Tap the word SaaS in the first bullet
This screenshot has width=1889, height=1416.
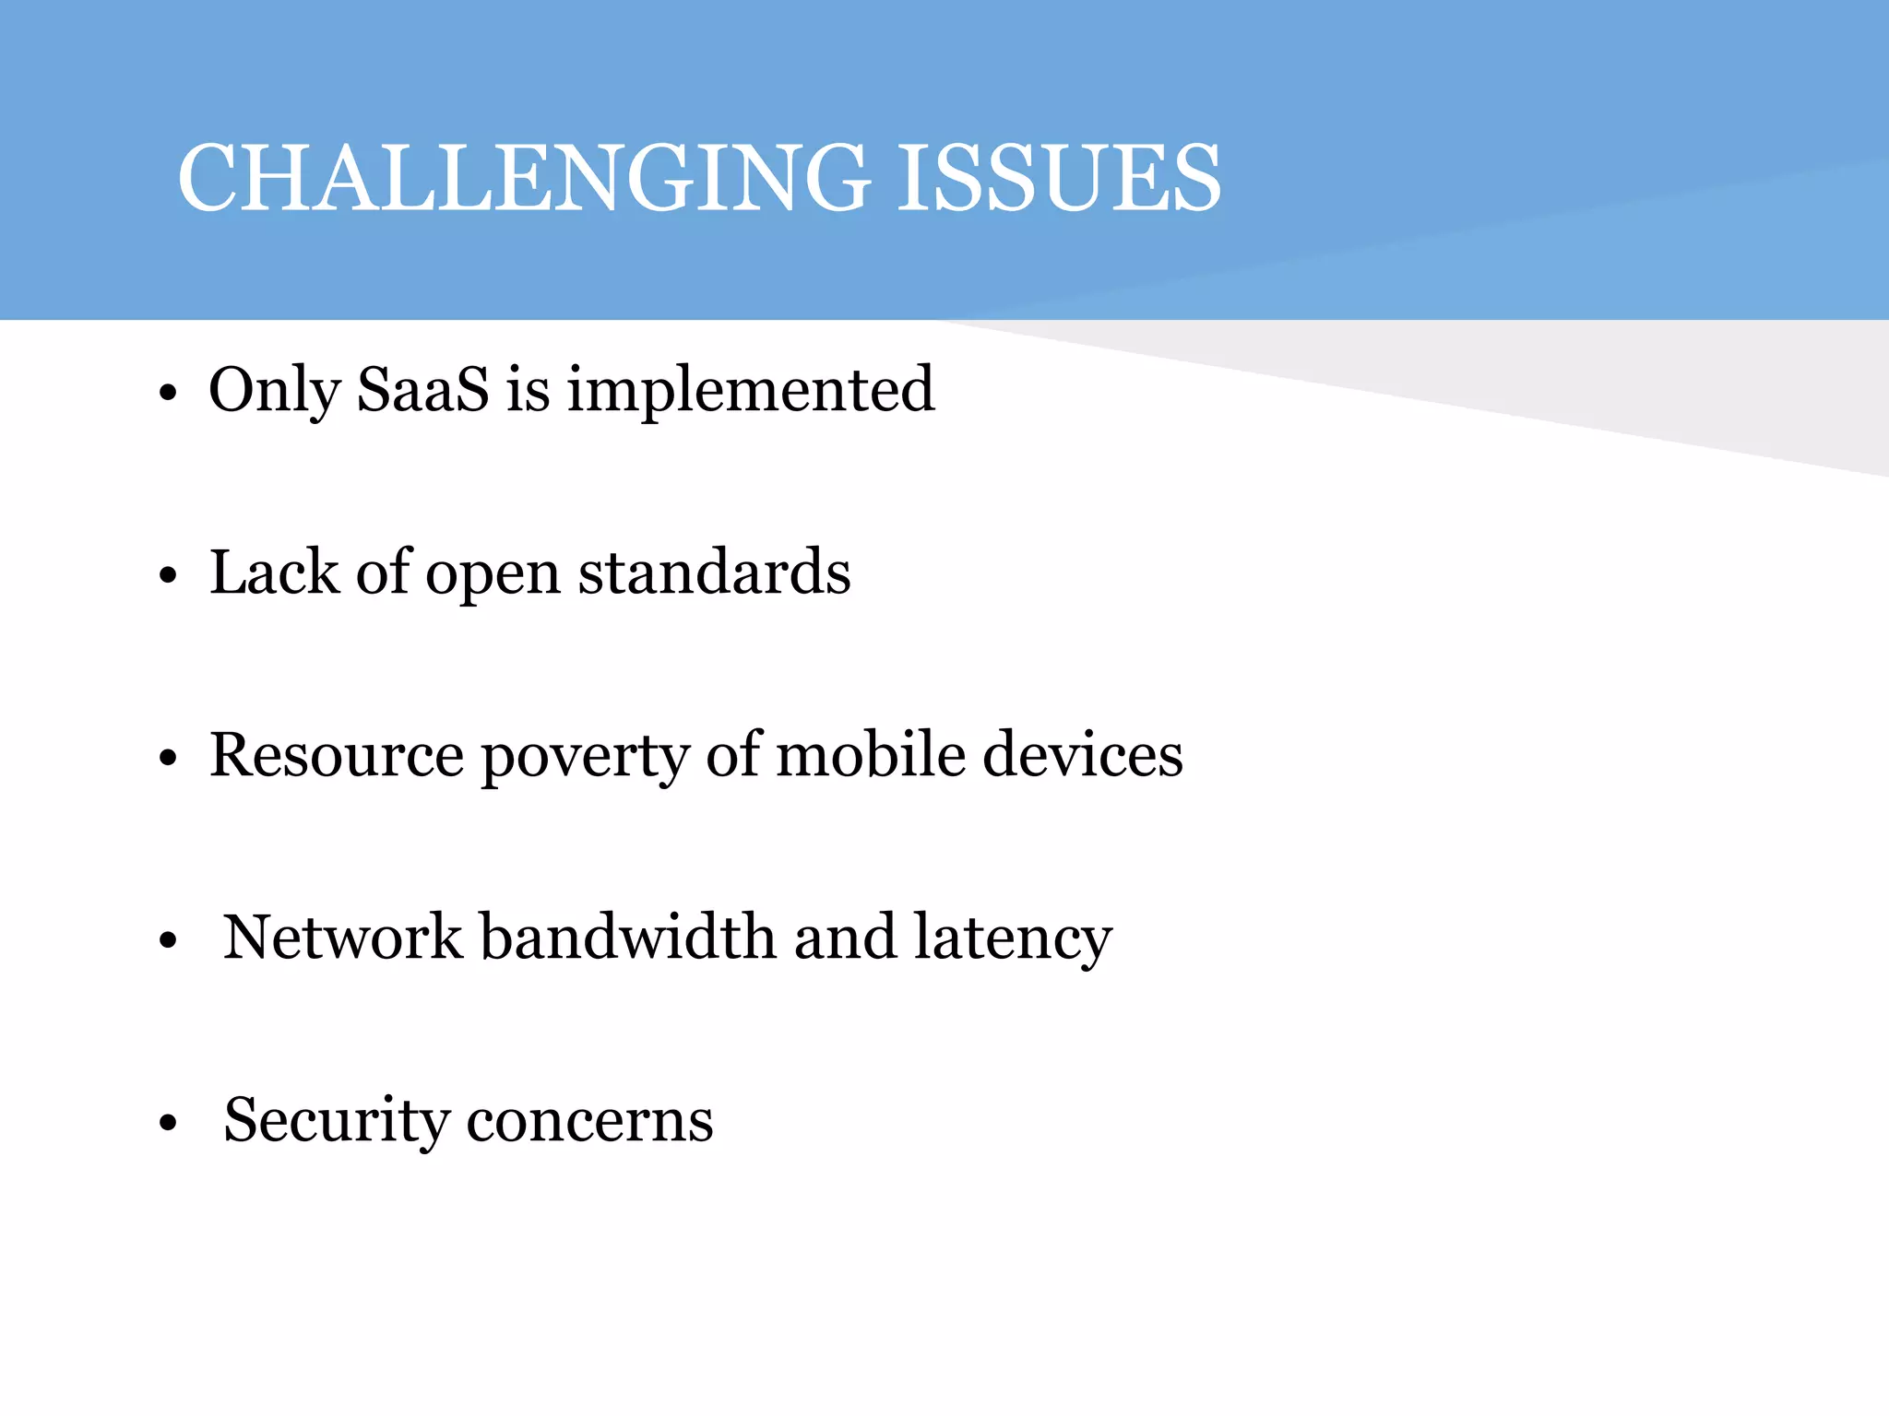pyautogui.click(x=422, y=389)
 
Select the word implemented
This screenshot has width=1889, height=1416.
pyautogui.click(x=751, y=391)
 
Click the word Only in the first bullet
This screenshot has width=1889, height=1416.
pyautogui.click(x=274, y=391)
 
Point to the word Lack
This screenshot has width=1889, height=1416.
pyautogui.click(x=274, y=572)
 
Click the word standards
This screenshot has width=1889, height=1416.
pyautogui.click(x=714, y=572)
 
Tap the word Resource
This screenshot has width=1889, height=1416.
pyautogui.click(x=337, y=754)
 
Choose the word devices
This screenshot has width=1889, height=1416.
pyautogui.click(x=1082, y=754)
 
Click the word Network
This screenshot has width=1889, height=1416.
pyautogui.click(x=342, y=937)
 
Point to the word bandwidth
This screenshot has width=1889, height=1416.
pyautogui.click(x=628, y=937)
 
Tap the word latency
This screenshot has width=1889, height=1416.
pyautogui.click(x=1013, y=938)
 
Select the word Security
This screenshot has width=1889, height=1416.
pyautogui.click(x=336, y=1121)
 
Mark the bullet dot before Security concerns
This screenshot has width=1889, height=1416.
pyautogui.click(x=167, y=1124)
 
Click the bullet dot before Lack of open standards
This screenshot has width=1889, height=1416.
pyautogui.click(x=167, y=576)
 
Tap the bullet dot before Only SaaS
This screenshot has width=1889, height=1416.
pyautogui.click(x=167, y=394)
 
